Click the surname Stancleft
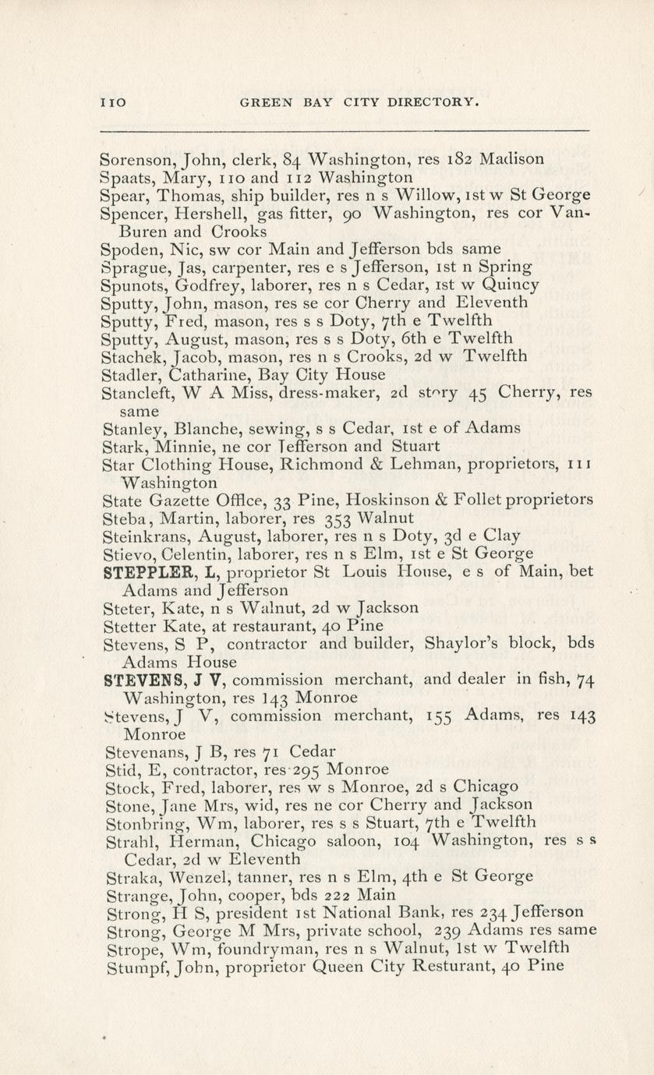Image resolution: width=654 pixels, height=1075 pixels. [136, 393]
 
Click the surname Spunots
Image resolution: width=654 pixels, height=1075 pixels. [133, 285]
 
